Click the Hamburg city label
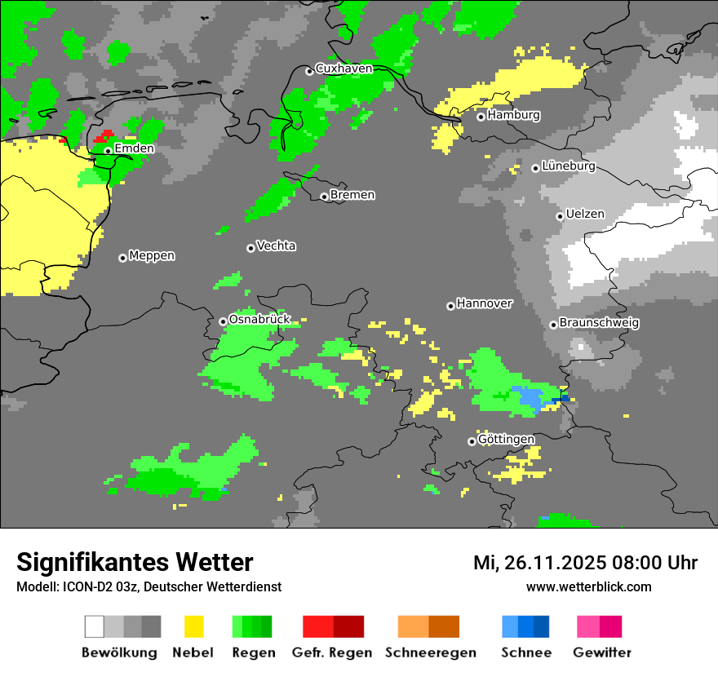tap(513, 115)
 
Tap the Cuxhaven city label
tap(343, 69)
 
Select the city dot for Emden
tap(108, 151)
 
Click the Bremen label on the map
tap(352, 195)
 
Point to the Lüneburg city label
tap(569, 166)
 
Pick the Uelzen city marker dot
tap(560, 216)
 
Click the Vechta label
tap(276, 246)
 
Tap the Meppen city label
tap(152, 255)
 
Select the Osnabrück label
tap(259, 319)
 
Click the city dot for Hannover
tap(450, 306)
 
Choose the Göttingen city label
tap(506, 440)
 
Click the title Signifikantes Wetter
tap(135, 562)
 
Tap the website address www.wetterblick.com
tap(588, 586)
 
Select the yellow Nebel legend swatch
tap(193, 626)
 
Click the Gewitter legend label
tap(601, 653)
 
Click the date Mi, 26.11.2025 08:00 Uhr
tap(585, 563)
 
